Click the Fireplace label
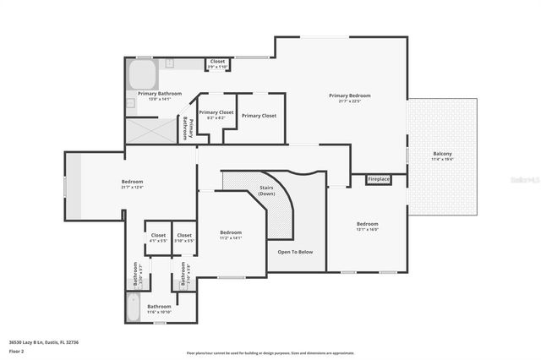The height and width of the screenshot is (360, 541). pos(378,179)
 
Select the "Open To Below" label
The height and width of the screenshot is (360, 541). pos(295,252)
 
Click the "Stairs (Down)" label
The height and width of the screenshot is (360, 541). pos(266,191)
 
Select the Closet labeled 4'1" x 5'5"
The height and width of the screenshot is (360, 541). pos(158,237)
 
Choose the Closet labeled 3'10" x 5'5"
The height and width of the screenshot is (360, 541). pos(184,237)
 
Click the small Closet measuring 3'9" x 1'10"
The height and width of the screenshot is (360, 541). pos(218,63)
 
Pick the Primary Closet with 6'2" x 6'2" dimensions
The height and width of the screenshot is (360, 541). pos(216,114)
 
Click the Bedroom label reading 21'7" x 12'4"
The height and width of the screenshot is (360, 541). pos(132,183)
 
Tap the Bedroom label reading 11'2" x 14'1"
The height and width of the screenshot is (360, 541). pos(231,234)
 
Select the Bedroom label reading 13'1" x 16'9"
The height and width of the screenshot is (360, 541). pos(366,226)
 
